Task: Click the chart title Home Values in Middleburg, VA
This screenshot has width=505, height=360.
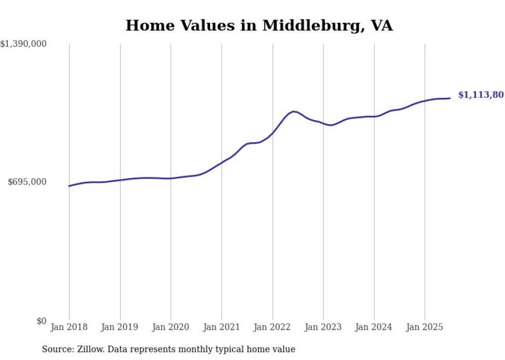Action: [x=259, y=26]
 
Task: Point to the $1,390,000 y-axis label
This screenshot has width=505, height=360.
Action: [x=23, y=44]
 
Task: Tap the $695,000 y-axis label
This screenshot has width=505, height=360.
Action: [x=27, y=182]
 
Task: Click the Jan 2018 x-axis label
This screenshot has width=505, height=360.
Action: [x=69, y=327]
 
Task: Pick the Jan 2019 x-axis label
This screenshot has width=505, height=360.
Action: [x=120, y=327]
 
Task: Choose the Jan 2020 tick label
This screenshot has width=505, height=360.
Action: [x=171, y=327]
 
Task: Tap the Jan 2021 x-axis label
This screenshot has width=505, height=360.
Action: [x=222, y=327]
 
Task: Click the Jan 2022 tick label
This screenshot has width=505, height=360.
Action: [x=273, y=327]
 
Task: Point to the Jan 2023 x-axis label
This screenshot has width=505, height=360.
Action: [x=323, y=327]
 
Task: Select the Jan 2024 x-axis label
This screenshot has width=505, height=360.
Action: [x=374, y=327]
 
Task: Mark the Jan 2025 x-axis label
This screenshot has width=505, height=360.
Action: [x=425, y=327]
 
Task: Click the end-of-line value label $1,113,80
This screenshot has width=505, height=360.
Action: [x=481, y=95]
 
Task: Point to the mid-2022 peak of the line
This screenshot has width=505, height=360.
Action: [x=293, y=111]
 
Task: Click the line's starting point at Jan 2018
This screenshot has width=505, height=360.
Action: [x=69, y=186]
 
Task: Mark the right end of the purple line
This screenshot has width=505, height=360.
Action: [x=450, y=98]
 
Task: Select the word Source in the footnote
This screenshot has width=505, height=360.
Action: [x=56, y=349]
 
